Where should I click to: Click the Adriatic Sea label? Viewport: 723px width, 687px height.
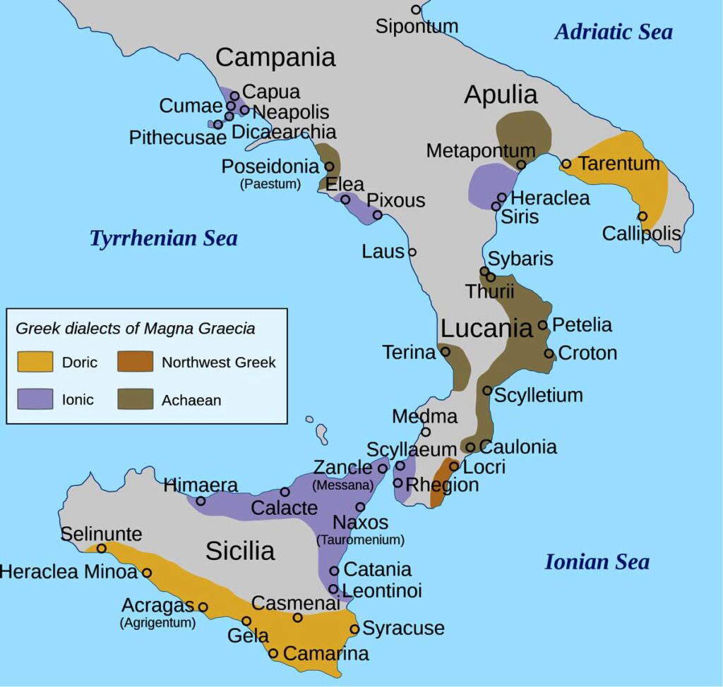[x=613, y=32]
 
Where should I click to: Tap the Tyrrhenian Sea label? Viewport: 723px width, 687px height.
[x=163, y=238]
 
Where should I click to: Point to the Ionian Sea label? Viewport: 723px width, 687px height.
[x=597, y=562]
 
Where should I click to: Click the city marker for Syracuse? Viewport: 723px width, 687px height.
[x=354, y=628]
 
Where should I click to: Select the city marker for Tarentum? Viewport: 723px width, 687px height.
[x=566, y=164]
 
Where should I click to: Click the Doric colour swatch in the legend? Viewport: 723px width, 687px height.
[x=35, y=363]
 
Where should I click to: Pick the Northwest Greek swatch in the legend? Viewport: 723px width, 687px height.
[x=136, y=363]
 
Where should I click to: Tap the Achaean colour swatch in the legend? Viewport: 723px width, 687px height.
[x=136, y=400]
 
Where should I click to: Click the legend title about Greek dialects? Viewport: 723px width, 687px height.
[x=136, y=328]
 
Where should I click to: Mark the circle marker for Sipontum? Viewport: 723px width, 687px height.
[x=416, y=10]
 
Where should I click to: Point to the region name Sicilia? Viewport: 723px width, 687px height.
[x=240, y=550]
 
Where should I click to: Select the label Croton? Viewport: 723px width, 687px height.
[x=587, y=353]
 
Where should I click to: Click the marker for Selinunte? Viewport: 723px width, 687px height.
[x=101, y=548]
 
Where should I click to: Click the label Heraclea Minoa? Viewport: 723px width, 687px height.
[x=68, y=572]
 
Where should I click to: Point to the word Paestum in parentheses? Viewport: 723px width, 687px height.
[x=270, y=185]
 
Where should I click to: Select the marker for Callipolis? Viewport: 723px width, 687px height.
[x=642, y=216]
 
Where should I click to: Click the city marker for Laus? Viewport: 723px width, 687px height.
[x=412, y=252]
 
